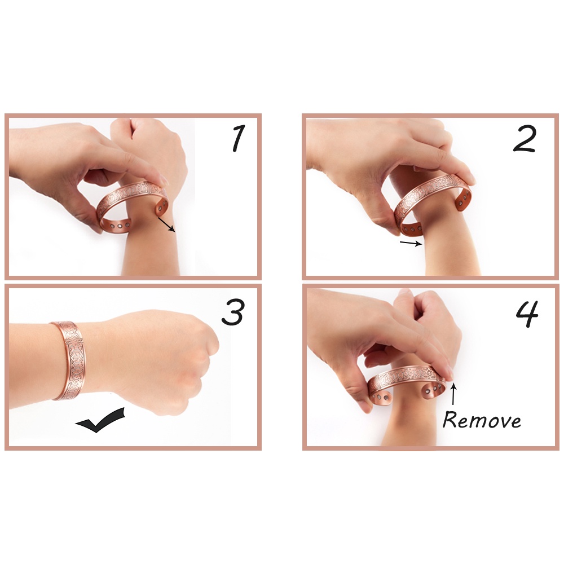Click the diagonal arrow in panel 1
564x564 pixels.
[166, 225]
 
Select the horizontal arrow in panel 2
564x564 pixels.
[411, 243]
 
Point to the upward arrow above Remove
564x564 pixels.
[453, 395]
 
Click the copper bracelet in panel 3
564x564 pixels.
[68, 360]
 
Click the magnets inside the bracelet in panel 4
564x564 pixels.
[432, 389]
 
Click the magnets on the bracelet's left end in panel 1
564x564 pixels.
[118, 227]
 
